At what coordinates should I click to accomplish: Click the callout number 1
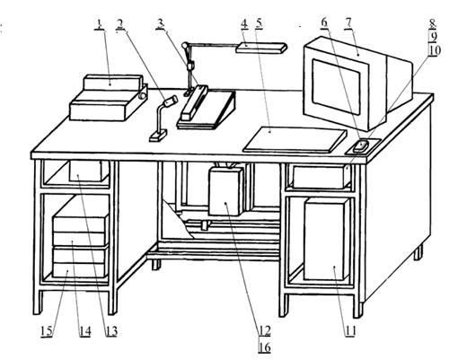pos(100,24)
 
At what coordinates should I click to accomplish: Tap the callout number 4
pos(244,24)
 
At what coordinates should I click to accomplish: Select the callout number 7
pos(348,24)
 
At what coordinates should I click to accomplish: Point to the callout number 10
pos(435,50)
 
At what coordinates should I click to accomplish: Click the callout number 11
pos(350,331)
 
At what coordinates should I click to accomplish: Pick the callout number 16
pos(264,347)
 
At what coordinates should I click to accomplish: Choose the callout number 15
pos(47,331)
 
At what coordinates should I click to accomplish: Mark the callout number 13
pos(111,331)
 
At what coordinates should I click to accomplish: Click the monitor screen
pos(336,87)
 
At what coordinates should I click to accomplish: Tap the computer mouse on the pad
pos(361,145)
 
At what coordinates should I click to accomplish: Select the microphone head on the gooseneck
pos(170,101)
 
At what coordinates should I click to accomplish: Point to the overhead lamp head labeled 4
pos(261,48)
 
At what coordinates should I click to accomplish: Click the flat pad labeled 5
pos(295,139)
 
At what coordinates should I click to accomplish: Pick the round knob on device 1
pos(143,96)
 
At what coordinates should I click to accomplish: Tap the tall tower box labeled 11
pos(327,240)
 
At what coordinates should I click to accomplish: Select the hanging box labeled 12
pos(226,191)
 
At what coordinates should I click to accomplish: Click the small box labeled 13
pos(89,171)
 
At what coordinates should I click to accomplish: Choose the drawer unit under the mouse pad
pos(321,177)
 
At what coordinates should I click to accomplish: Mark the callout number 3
pos(161,24)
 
